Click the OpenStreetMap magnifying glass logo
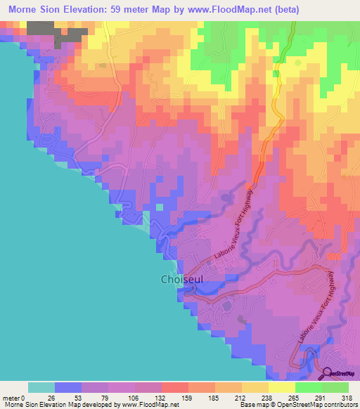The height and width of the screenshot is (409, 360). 327,374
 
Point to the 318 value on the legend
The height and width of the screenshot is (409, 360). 347,397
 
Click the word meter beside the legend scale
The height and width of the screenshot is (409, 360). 11,397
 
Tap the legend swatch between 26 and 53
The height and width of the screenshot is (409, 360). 68,387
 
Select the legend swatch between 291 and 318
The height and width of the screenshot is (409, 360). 335,387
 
